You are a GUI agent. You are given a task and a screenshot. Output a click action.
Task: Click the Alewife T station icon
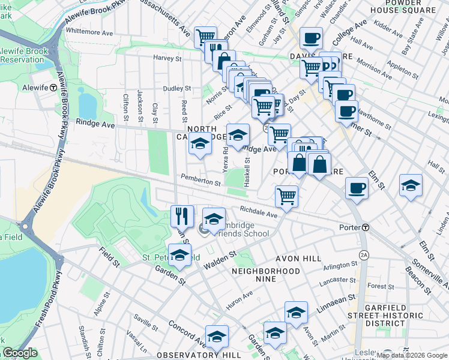[53, 87]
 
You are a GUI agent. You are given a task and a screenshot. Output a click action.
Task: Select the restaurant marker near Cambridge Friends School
[181, 216]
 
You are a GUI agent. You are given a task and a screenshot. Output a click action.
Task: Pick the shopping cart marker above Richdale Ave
[286, 195]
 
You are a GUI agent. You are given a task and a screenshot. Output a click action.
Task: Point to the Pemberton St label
[200, 181]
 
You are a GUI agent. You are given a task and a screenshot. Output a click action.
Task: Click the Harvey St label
[167, 58]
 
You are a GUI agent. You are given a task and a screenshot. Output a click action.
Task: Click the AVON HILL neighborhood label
[295, 259]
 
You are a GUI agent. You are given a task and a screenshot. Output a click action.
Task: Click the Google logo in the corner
[20, 353]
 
